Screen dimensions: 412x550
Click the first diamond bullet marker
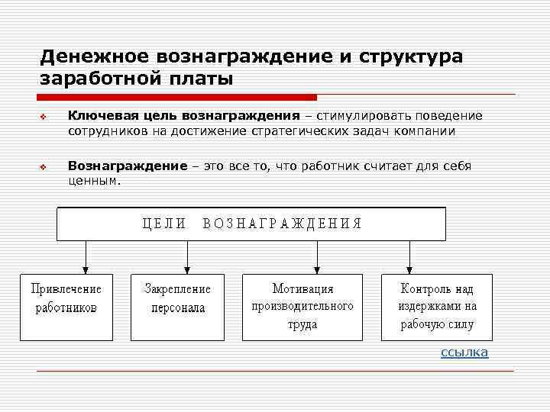point(44,117)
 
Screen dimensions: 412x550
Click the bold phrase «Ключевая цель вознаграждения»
point(183,116)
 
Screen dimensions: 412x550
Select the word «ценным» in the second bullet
point(93,182)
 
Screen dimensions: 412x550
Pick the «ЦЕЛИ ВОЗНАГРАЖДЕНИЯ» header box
point(251,224)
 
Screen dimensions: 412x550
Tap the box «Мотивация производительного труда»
point(302,306)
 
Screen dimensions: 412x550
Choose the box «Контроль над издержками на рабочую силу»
point(436,306)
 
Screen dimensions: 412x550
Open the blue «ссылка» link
point(464,352)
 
